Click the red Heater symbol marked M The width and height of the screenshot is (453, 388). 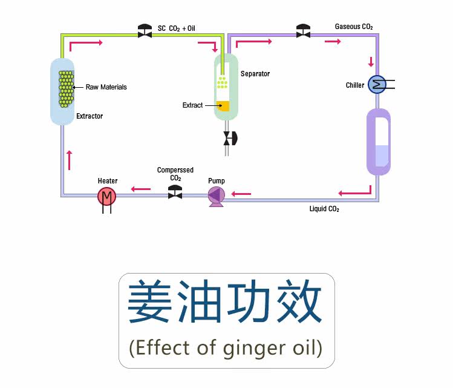[x=106, y=196]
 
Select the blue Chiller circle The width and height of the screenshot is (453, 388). [x=377, y=84]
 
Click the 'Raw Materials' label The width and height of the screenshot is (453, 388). [x=106, y=87]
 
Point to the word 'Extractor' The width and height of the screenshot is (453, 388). [x=90, y=116]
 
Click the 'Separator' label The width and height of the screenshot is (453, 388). [x=255, y=74]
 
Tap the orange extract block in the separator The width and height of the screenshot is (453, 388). [x=223, y=105]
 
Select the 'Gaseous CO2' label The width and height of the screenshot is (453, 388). [x=354, y=27]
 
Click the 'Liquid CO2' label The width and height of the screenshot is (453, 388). [x=324, y=209]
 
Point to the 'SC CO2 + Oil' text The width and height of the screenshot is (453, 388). [x=177, y=28]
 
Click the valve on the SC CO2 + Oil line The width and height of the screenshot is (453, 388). [x=145, y=31]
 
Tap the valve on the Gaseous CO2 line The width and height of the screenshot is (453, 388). [x=303, y=31]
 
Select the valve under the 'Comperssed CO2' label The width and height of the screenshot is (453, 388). [x=175, y=193]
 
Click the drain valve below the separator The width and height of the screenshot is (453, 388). [x=229, y=138]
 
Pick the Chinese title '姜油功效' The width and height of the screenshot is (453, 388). [x=225, y=302]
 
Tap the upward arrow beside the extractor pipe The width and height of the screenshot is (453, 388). [x=71, y=159]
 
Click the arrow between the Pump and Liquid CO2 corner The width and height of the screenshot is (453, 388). [x=241, y=194]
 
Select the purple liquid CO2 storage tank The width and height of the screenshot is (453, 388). [x=379, y=141]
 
